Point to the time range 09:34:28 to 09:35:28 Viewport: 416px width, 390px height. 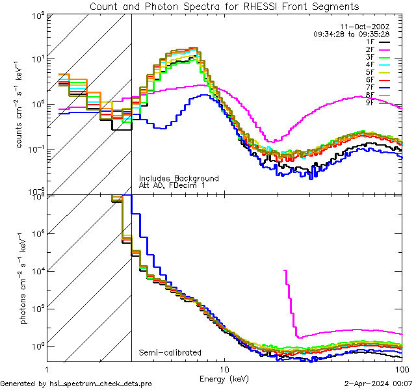click(350, 34)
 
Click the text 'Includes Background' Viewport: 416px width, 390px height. click(179, 179)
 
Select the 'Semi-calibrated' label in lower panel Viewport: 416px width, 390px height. click(170, 352)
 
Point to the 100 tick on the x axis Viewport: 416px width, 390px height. click(400, 369)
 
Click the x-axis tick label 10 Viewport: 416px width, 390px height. click(224, 369)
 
